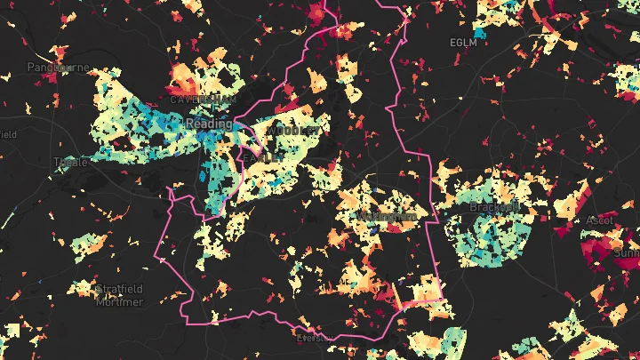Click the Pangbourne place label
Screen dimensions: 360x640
coord(54,67)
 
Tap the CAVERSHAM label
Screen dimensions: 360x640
coord(196,99)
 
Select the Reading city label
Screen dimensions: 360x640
coord(209,124)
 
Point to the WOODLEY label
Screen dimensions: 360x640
coord(292,130)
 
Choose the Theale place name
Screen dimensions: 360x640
coord(71,163)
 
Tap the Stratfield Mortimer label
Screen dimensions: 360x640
coord(118,295)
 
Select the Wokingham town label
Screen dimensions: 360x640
coord(387,217)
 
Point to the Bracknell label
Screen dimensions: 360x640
coord(494,208)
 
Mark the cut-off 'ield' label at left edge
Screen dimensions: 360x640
coord(8,134)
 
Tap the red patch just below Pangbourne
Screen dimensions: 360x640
coord(51,78)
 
